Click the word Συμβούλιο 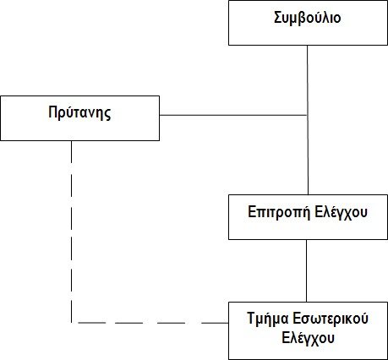click(308, 18)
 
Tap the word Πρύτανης click(79, 112)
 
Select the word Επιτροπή click(279, 212)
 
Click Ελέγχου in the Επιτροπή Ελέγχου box click(341, 212)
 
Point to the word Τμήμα click(268, 319)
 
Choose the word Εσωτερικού click(331, 319)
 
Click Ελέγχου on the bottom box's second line click(308, 338)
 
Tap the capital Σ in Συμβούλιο click(279, 18)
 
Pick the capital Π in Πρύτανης click(53, 112)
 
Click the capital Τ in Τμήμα click(252, 319)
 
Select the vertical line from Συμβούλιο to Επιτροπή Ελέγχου click(308, 120)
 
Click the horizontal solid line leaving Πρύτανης click(233, 115)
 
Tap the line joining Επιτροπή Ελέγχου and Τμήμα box click(306, 270)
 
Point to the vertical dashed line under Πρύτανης click(72, 232)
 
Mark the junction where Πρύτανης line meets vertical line click(307, 115)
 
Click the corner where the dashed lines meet click(72, 323)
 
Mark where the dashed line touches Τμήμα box click(228, 323)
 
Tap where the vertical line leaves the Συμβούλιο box click(307, 45)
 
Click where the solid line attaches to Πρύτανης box click(160, 115)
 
